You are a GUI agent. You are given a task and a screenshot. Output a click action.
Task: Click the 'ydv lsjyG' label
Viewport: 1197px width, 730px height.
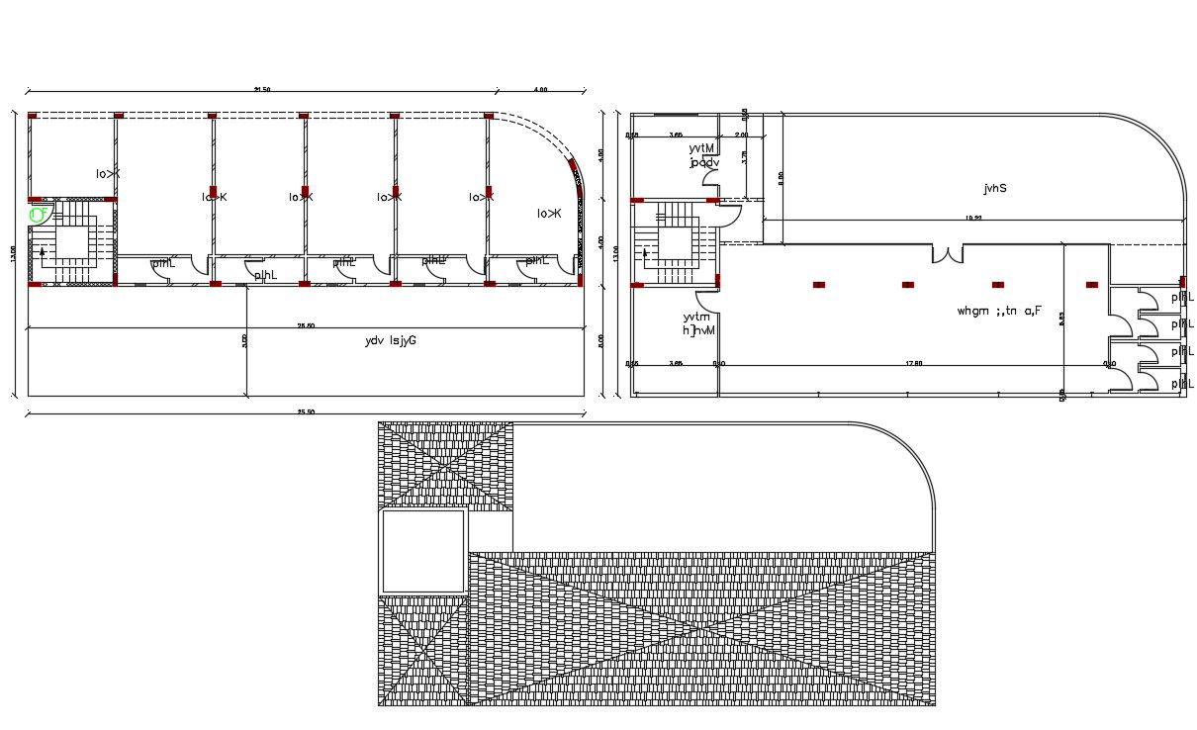tap(390, 341)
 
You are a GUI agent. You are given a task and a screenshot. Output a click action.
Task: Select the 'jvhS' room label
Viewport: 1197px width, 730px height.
tap(995, 187)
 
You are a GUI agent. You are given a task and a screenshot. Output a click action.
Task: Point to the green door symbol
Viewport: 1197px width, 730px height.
tap(39, 214)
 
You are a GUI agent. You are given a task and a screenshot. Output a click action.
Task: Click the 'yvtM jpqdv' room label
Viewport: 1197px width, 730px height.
tap(704, 155)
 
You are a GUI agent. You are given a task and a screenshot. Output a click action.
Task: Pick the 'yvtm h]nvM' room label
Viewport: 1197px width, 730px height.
tap(699, 322)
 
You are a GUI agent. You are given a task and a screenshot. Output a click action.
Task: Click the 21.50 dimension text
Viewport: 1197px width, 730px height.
tap(262, 90)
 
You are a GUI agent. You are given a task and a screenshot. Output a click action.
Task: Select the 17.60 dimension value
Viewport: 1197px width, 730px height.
tap(913, 363)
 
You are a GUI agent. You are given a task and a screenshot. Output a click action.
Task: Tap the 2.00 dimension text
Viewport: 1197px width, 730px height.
tap(742, 135)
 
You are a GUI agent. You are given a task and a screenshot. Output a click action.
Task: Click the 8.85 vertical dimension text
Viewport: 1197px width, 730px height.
tap(1061, 319)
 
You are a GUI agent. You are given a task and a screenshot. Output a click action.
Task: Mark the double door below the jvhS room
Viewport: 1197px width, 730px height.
tap(947, 253)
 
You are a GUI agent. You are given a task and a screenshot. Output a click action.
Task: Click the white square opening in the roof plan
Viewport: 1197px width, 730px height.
tap(423, 551)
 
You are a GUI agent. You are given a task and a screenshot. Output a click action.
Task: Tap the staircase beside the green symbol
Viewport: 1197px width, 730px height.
tap(72, 242)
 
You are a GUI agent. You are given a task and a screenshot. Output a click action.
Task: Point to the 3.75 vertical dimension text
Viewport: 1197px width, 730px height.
tap(745, 156)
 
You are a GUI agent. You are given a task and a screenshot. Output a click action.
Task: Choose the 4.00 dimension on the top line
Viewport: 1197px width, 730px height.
tap(540, 90)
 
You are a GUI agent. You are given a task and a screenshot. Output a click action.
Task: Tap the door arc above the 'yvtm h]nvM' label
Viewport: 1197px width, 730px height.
tap(708, 302)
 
